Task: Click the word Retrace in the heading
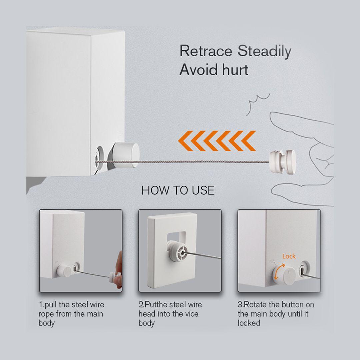[206, 51]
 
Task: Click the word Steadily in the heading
[264, 51]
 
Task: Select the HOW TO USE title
[178, 190]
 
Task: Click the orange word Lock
[289, 256]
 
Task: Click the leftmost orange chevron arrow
[186, 141]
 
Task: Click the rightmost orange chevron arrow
[248, 141]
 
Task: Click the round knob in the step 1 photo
[64, 271]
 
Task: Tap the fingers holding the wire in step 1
[119, 271]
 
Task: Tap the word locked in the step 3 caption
[249, 323]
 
